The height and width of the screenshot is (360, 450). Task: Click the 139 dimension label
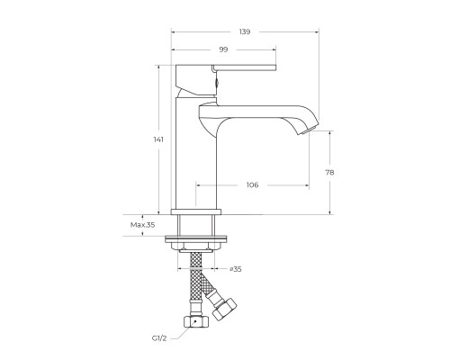245,31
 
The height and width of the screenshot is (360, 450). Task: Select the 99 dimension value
223,49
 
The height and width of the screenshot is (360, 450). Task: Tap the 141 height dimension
158,139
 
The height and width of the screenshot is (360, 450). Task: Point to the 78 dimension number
329,173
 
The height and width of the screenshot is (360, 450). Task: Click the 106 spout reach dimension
252,184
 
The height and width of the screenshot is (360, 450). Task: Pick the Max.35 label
143,225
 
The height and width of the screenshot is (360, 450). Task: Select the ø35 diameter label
236,269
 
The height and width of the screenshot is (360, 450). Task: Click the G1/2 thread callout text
159,338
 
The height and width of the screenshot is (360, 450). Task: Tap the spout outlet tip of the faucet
309,130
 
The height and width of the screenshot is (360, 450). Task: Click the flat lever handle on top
244,67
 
